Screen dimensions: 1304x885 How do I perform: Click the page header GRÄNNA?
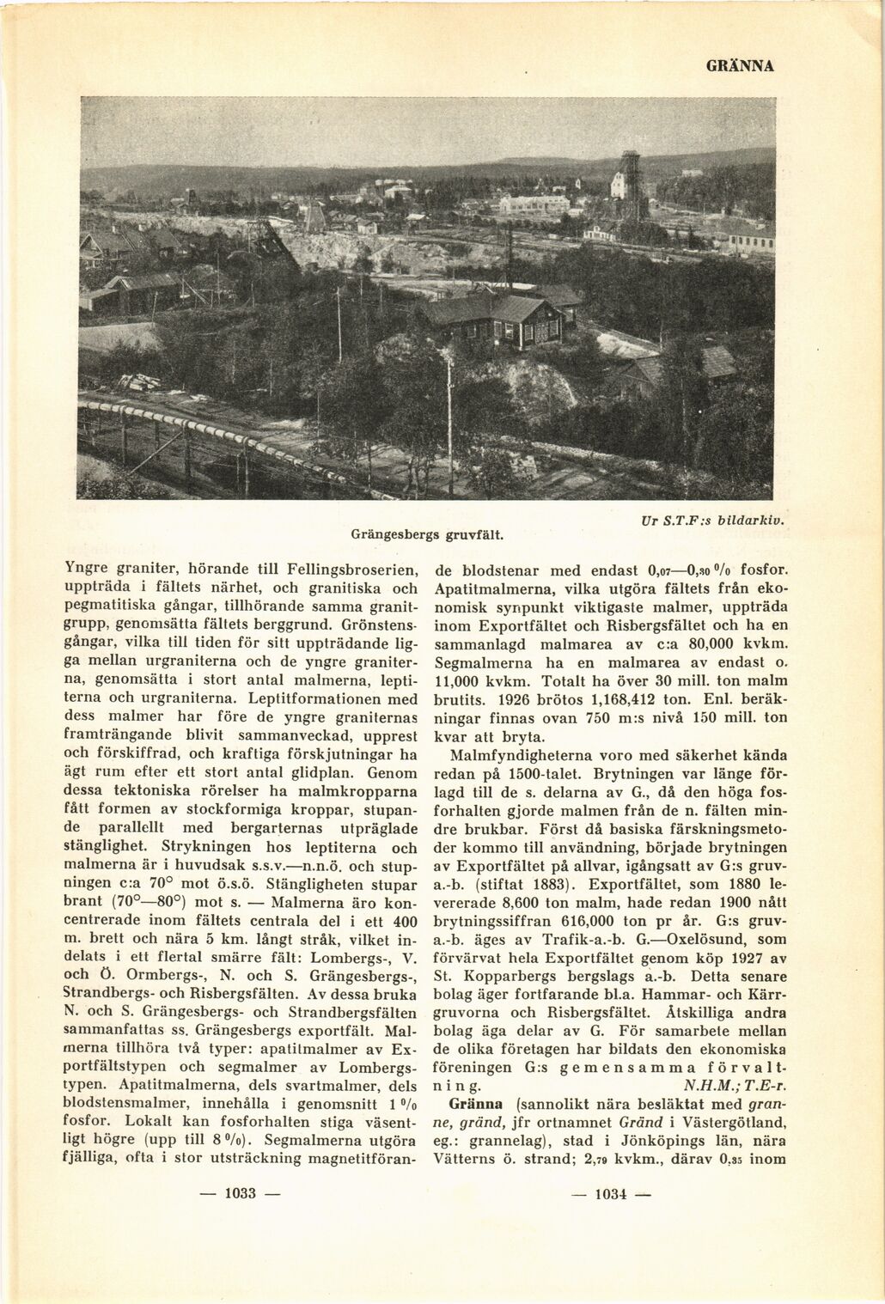pyautogui.click(x=741, y=65)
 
